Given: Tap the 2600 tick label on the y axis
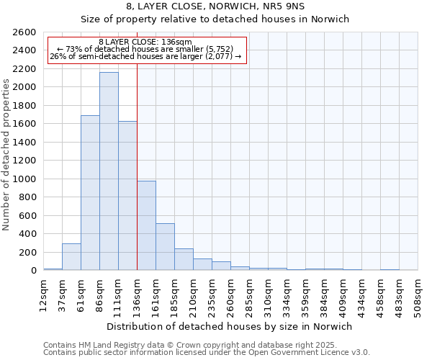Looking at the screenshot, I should [x=24, y=32].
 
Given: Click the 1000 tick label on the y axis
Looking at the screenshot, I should [x=24, y=179].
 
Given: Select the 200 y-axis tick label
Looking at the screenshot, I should [x=27, y=252].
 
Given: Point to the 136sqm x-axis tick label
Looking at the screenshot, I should [x=137, y=294].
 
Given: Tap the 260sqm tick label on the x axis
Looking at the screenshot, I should [x=230, y=294].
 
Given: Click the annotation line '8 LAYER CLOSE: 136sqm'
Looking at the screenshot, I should [x=145, y=42].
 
